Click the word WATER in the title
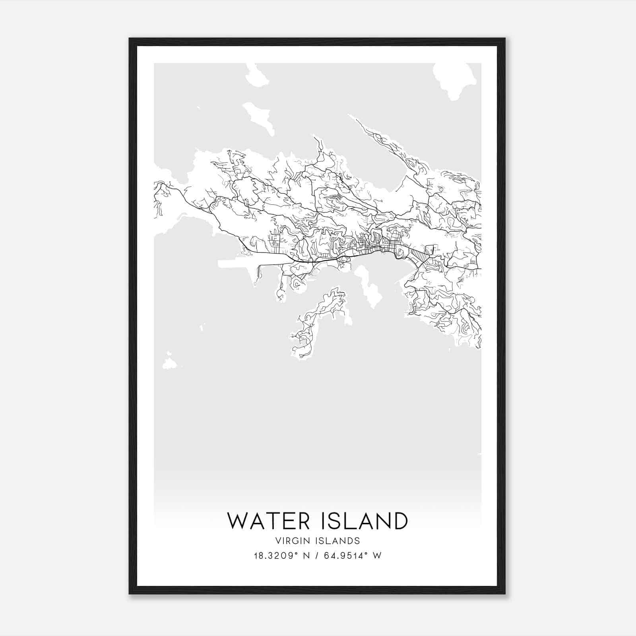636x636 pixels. coord(268,521)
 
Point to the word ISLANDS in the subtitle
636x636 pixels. coord(342,541)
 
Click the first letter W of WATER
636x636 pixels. coord(237,521)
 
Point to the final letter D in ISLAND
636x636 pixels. coord(399,521)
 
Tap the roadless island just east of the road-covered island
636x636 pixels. coord(370,286)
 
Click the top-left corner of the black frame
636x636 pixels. coord(130,39)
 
